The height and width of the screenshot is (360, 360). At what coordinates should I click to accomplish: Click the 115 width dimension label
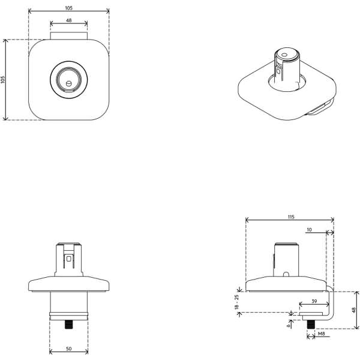click(290, 217)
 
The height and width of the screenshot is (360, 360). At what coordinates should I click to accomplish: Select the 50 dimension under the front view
click(68, 349)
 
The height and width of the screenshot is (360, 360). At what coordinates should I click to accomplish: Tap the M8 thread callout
click(322, 334)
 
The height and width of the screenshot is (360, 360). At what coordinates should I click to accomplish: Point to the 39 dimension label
click(314, 301)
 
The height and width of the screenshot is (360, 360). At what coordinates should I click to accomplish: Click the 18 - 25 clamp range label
click(237, 302)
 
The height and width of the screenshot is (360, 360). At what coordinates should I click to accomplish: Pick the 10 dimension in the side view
click(309, 230)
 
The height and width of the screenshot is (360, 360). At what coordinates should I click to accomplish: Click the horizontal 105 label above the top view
click(68, 8)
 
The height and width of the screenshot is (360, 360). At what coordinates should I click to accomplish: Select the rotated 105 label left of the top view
click(3, 80)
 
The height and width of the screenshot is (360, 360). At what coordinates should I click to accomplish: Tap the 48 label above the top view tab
click(68, 20)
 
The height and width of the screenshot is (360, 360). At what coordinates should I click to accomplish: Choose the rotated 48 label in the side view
click(354, 310)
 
